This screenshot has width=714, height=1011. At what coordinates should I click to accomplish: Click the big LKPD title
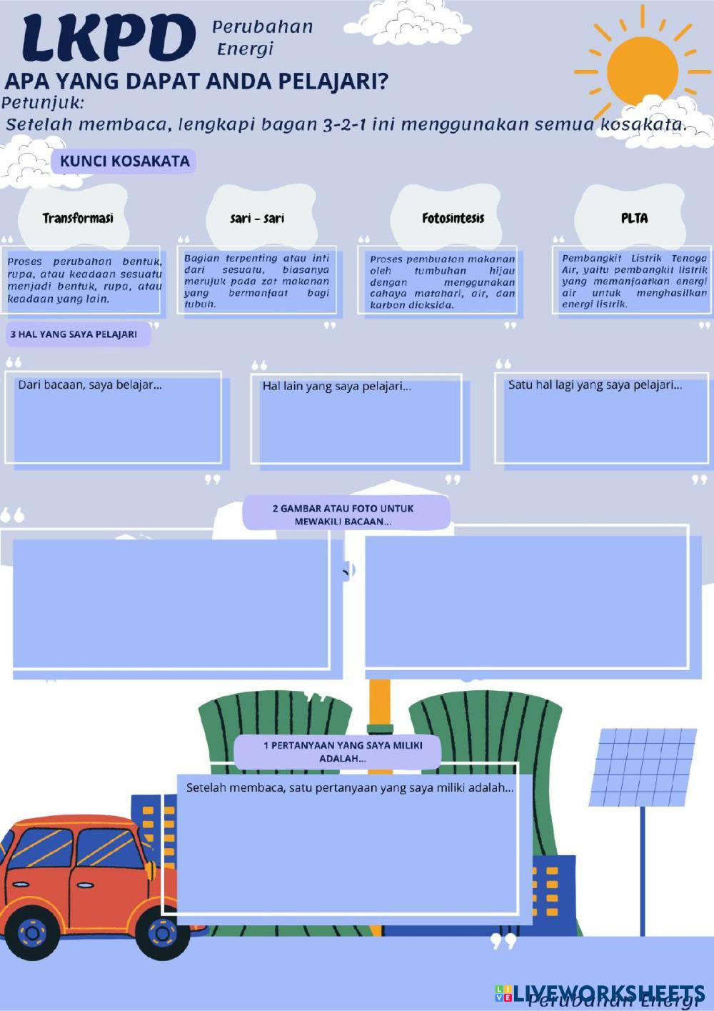(x=109, y=38)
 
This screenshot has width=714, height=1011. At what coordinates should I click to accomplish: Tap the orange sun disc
(x=643, y=71)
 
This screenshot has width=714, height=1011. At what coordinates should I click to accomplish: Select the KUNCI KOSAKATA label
(x=124, y=161)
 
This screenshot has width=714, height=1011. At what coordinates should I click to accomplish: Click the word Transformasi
(x=78, y=219)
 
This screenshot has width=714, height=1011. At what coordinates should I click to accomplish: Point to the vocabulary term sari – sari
(x=257, y=219)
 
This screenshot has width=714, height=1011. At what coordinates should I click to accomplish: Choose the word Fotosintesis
(x=453, y=219)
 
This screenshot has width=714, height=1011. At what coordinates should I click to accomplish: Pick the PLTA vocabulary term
(x=634, y=219)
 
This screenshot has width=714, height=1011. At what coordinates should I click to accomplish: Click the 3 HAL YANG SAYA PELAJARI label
(x=74, y=334)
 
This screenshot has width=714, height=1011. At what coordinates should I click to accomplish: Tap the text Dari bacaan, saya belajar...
(x=90, y=385)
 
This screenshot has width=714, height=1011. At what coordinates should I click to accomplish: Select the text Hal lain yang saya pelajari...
(x=337, y=387)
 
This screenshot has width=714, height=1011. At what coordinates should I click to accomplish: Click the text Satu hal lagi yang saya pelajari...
(x=595, y=385)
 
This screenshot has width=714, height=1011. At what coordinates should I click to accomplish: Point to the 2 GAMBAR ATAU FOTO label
(x=343, y=514)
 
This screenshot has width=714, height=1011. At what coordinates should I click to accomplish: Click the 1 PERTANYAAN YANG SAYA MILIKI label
(x=343, y=752)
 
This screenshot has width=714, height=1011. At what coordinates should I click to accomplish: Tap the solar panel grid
(x=643, y=767)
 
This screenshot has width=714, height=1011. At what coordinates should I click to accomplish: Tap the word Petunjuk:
(x=43, y=104)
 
